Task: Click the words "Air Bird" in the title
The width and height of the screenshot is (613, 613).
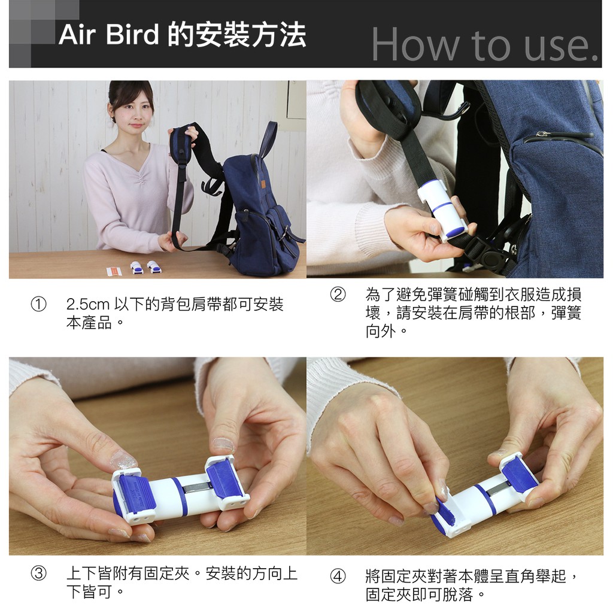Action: click(109, 35)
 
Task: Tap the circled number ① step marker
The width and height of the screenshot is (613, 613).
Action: click(39, 304)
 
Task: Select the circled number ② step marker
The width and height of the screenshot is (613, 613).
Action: click(338, 295)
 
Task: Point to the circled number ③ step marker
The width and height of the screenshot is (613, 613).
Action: click(39, 573)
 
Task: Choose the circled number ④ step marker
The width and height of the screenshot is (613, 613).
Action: click(338, 576)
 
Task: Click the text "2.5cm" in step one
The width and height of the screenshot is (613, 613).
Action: click(88, 304)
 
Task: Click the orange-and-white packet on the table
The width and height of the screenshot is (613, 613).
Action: click(114, 271)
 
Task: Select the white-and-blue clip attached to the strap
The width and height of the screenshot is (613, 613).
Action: click(442, 209)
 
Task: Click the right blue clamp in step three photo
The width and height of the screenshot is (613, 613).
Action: click(223, 480)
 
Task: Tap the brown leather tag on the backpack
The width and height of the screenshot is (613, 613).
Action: click(263, 182)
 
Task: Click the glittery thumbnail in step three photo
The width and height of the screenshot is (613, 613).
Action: click(122, 460)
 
